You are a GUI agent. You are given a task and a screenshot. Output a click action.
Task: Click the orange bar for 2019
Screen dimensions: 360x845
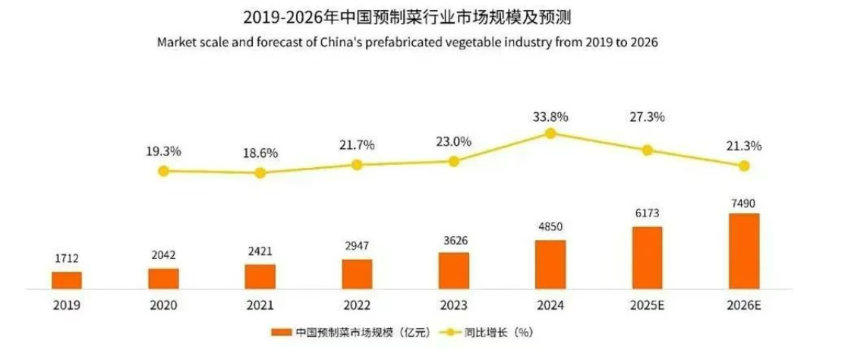pyautogui.click(x=67, y=280)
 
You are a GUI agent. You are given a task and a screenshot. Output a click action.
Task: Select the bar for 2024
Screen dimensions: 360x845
pyautogui.click(x=550, y=264)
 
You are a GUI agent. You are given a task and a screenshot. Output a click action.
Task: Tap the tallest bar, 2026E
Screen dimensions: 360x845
pyautogui.click(x=744, y=251)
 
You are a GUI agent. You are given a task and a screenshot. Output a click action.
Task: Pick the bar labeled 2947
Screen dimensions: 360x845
pyautogui.click(x=357, y=274)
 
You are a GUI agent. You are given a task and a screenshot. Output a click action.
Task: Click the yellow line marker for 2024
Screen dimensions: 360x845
pyautogui.click(x=551, y=134)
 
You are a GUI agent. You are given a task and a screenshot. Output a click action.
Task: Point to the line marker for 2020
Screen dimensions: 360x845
pyautogui.click(x=163, y=171)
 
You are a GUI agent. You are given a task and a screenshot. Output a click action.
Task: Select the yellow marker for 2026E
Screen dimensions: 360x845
pyautogui.click(x=744, y=166)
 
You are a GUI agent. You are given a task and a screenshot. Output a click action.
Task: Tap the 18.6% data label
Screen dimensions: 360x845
pyautogui.click(x=260, y=153)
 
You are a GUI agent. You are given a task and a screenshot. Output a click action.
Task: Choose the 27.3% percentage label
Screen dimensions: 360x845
pyautogui.click(x=647, y=117)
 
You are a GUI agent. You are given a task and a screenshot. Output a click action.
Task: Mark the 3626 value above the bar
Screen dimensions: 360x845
pyautogui.click(x=454, y=242)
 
